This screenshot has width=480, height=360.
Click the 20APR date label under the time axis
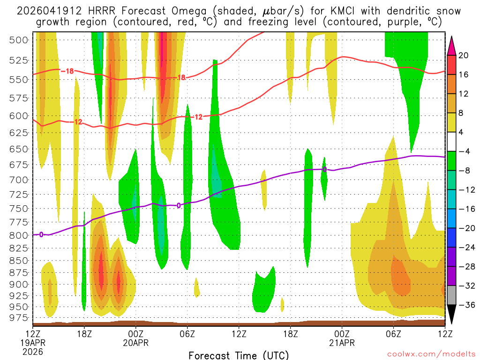[136, 343]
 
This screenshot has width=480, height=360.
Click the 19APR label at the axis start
[32, 343]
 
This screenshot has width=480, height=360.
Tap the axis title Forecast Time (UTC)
[239, 355]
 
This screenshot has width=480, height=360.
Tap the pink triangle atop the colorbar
[452, 45]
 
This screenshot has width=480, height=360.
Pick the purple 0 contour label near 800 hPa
[41, 234]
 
